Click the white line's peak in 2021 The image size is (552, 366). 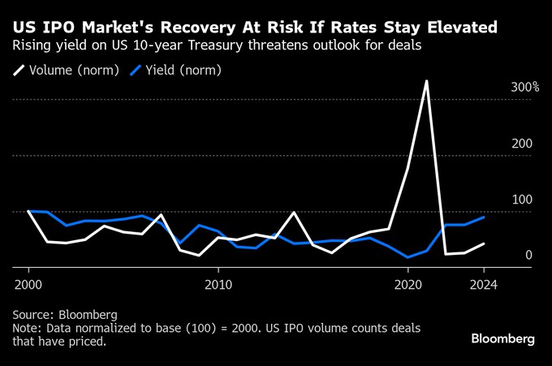(x=426, y=81)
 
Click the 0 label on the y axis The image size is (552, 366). (x=528, y=256)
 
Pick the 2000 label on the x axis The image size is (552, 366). (x=28, y=285)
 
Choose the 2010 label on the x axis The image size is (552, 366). (x=218, y=285)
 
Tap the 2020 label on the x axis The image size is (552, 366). (x=408, y=285)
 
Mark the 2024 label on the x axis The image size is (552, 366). (x=483, y=285)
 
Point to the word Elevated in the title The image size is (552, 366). (x=464, y=28)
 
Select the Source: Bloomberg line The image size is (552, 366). (x=65, y=314)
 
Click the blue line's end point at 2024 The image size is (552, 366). (x=483, y=217)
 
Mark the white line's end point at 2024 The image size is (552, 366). (x=483, y=243)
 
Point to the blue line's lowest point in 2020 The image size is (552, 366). (x=408, y=257)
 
